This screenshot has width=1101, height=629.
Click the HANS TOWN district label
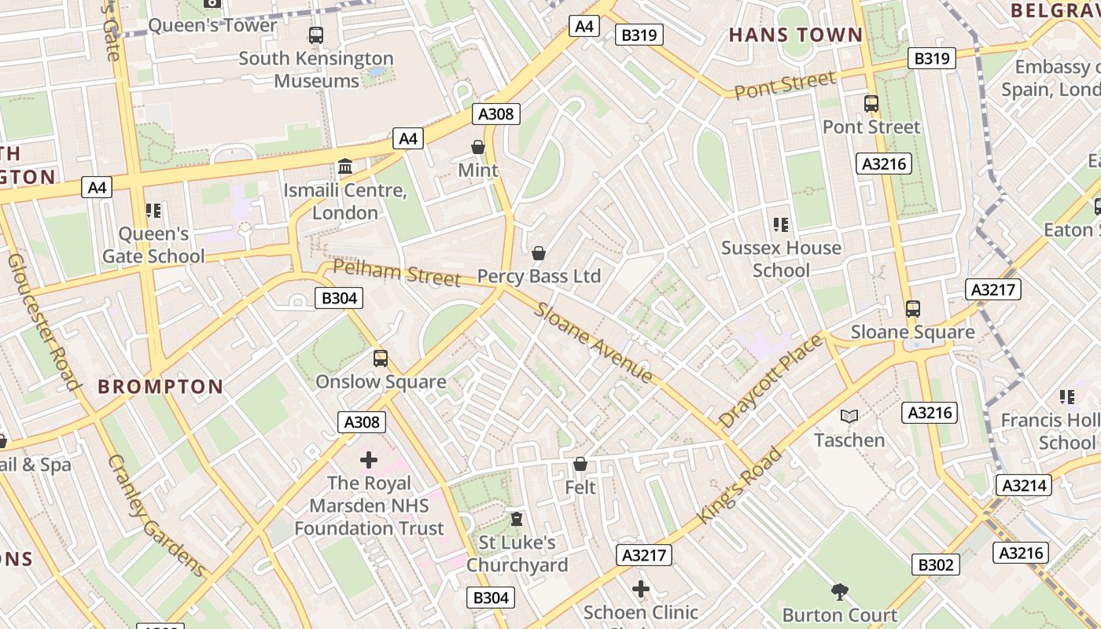point(796,35)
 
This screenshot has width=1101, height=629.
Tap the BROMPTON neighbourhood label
point(160,386)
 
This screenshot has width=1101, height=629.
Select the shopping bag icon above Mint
point(477,147)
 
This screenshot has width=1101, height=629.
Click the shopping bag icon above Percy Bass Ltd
point(539,253)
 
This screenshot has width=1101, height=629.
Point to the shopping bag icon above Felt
point(580,465)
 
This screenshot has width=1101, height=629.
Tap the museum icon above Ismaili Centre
point(344,167)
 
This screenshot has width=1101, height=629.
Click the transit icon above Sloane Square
point(912,309)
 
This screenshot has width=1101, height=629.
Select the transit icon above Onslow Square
point(381,359)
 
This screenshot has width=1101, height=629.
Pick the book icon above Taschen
point(849,416)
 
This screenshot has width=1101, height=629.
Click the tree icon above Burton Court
point(840,591)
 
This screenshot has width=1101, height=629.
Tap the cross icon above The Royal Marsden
point(369,459)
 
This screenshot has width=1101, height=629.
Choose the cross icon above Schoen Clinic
point(641,588)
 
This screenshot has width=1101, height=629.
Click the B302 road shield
point(936,564)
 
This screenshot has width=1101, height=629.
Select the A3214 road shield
point(1023,485)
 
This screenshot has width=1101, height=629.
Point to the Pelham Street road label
point(396,272)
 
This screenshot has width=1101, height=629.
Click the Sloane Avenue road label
point(594,342)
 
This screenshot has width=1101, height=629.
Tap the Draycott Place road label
point(771,381)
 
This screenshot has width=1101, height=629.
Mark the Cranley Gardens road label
point(156,515)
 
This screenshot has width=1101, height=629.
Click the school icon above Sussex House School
point(781,225)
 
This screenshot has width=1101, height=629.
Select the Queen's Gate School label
point(153,245)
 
